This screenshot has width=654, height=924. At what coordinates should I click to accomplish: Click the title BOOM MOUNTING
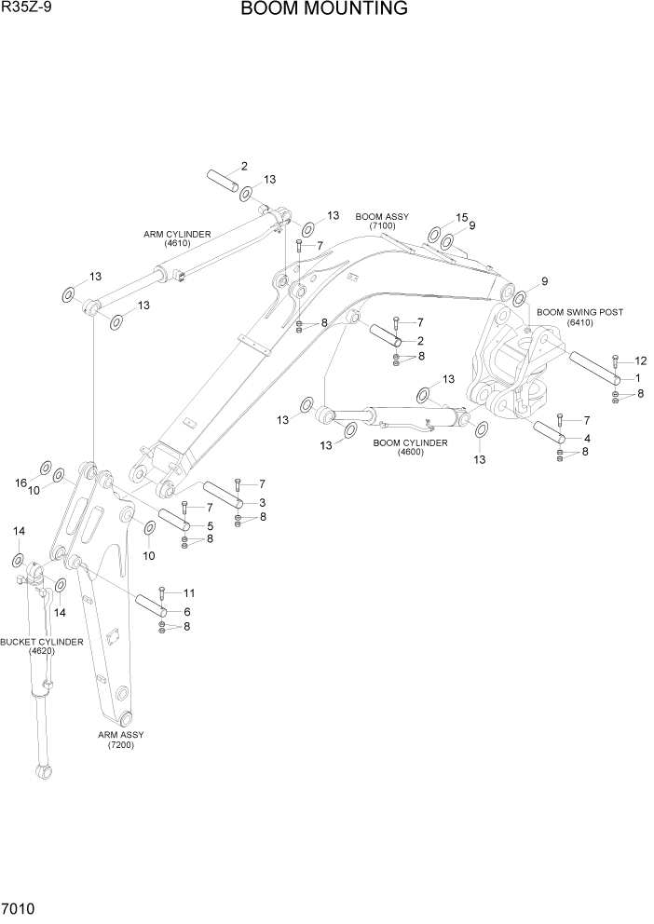(x=323, y=10)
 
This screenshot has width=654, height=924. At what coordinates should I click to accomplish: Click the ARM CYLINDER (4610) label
(x=177, y=238)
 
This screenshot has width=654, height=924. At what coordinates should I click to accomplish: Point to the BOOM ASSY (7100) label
(x=382, y=221)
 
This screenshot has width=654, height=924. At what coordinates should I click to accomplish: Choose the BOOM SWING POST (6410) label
(x=579, y=318)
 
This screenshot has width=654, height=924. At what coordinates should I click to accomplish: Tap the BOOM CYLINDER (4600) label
(x=410, y=448)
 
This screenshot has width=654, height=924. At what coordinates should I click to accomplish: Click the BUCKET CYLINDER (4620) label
(x=41, y=646)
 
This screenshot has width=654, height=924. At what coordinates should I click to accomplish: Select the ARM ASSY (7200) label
(x=121, y=740)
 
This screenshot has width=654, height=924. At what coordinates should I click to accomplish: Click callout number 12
(x=640, y=360)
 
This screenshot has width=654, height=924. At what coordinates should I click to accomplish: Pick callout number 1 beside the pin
(x=637, y=378)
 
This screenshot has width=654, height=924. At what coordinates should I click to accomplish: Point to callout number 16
(x=20, y=482)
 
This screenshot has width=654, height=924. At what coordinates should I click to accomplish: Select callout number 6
(x=186, y=612)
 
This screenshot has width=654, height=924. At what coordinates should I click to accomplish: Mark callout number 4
(x=586, y=438)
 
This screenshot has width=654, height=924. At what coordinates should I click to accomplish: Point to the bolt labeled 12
(x=616, y=360)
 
